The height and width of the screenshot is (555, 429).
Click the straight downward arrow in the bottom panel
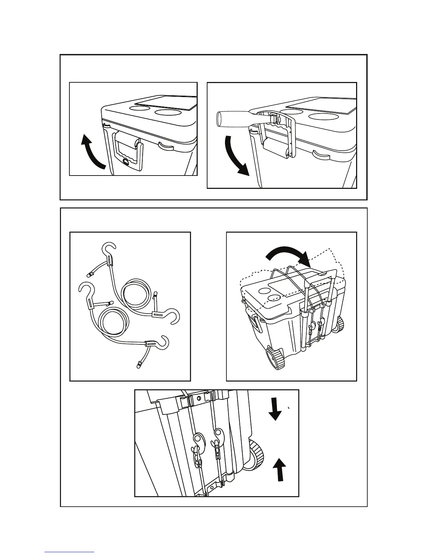point(275,410)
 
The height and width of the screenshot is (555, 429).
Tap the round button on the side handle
point(125,162)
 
